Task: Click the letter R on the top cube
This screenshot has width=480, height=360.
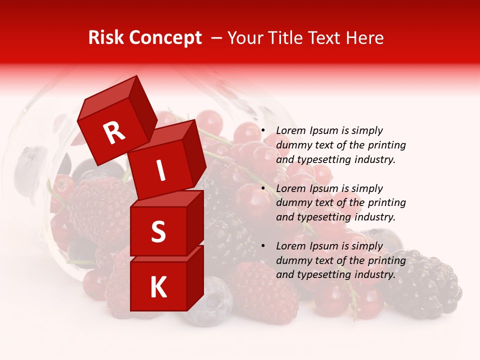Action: (x=114, y=133)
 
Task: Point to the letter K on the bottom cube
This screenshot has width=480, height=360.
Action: (x=158, y=287)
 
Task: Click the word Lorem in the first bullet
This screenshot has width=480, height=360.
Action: (x=291, y=130)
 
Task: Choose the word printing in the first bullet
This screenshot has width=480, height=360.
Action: (x=387, y=145)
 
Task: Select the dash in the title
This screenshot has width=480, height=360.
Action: (x=217, y=38)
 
